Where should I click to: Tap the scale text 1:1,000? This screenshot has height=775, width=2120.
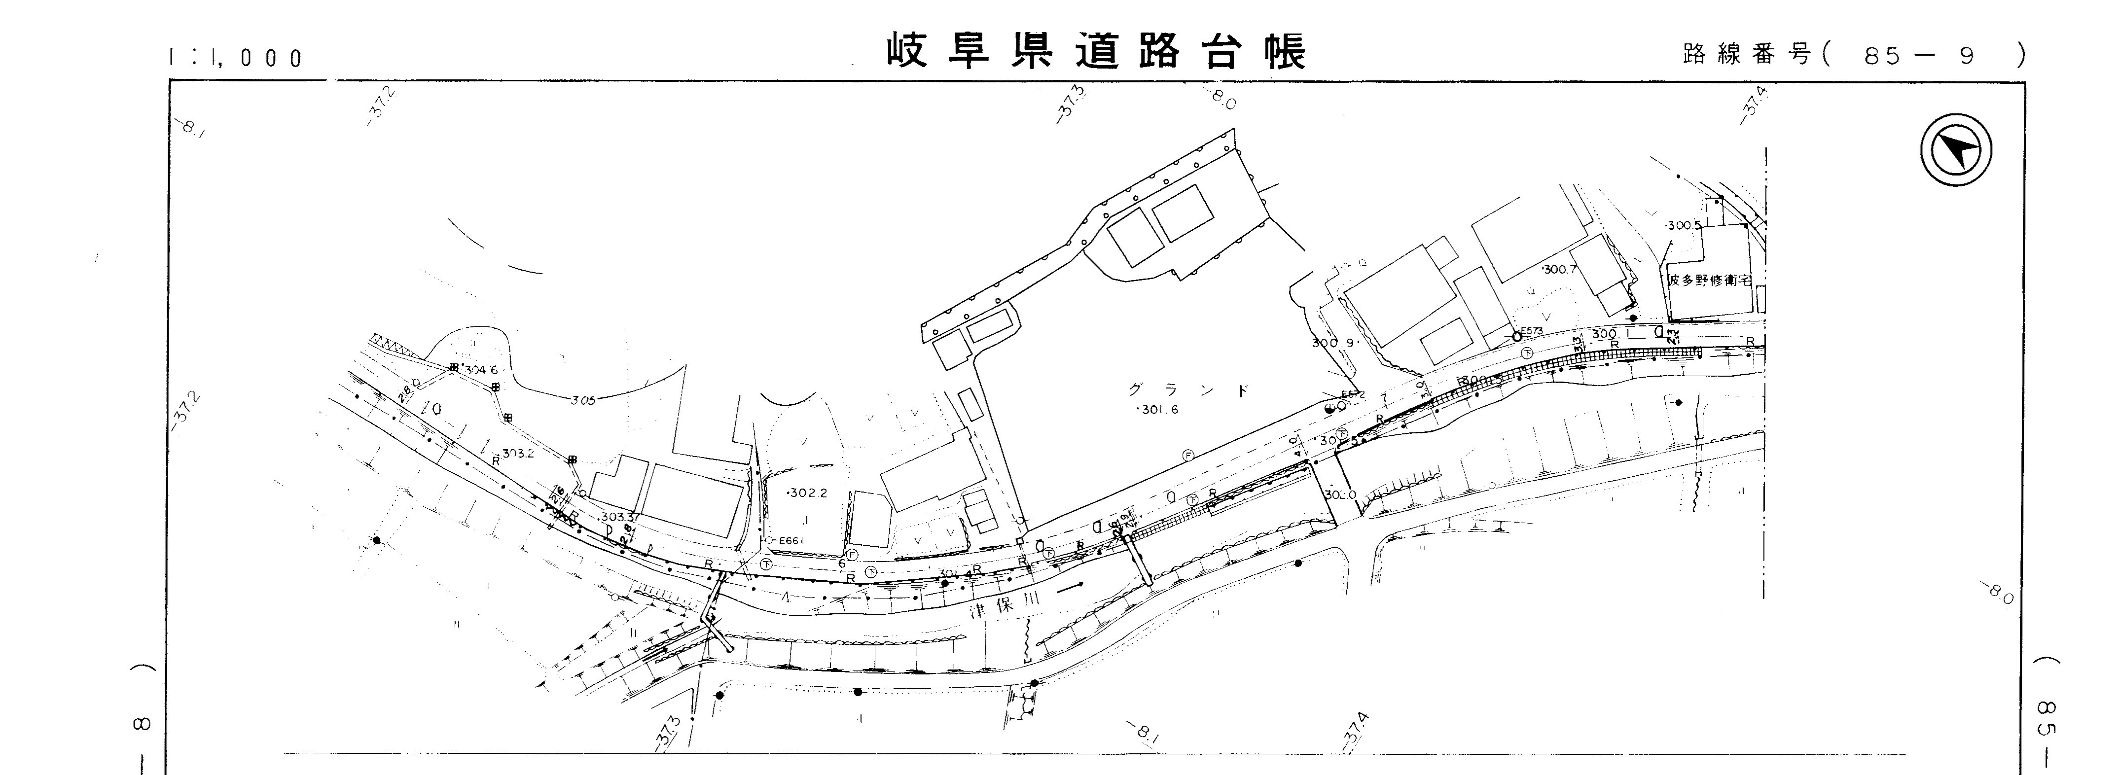[235, 58]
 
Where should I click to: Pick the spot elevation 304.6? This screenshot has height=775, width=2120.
[481, 370]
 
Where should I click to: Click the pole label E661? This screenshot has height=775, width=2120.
[789, 540]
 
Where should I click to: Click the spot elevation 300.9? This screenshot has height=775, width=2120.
[1331, 342]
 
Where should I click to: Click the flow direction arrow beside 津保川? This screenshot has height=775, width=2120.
[1068, 588]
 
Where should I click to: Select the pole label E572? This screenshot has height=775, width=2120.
[1353, 394]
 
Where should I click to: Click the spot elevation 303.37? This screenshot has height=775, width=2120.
[620, 517]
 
